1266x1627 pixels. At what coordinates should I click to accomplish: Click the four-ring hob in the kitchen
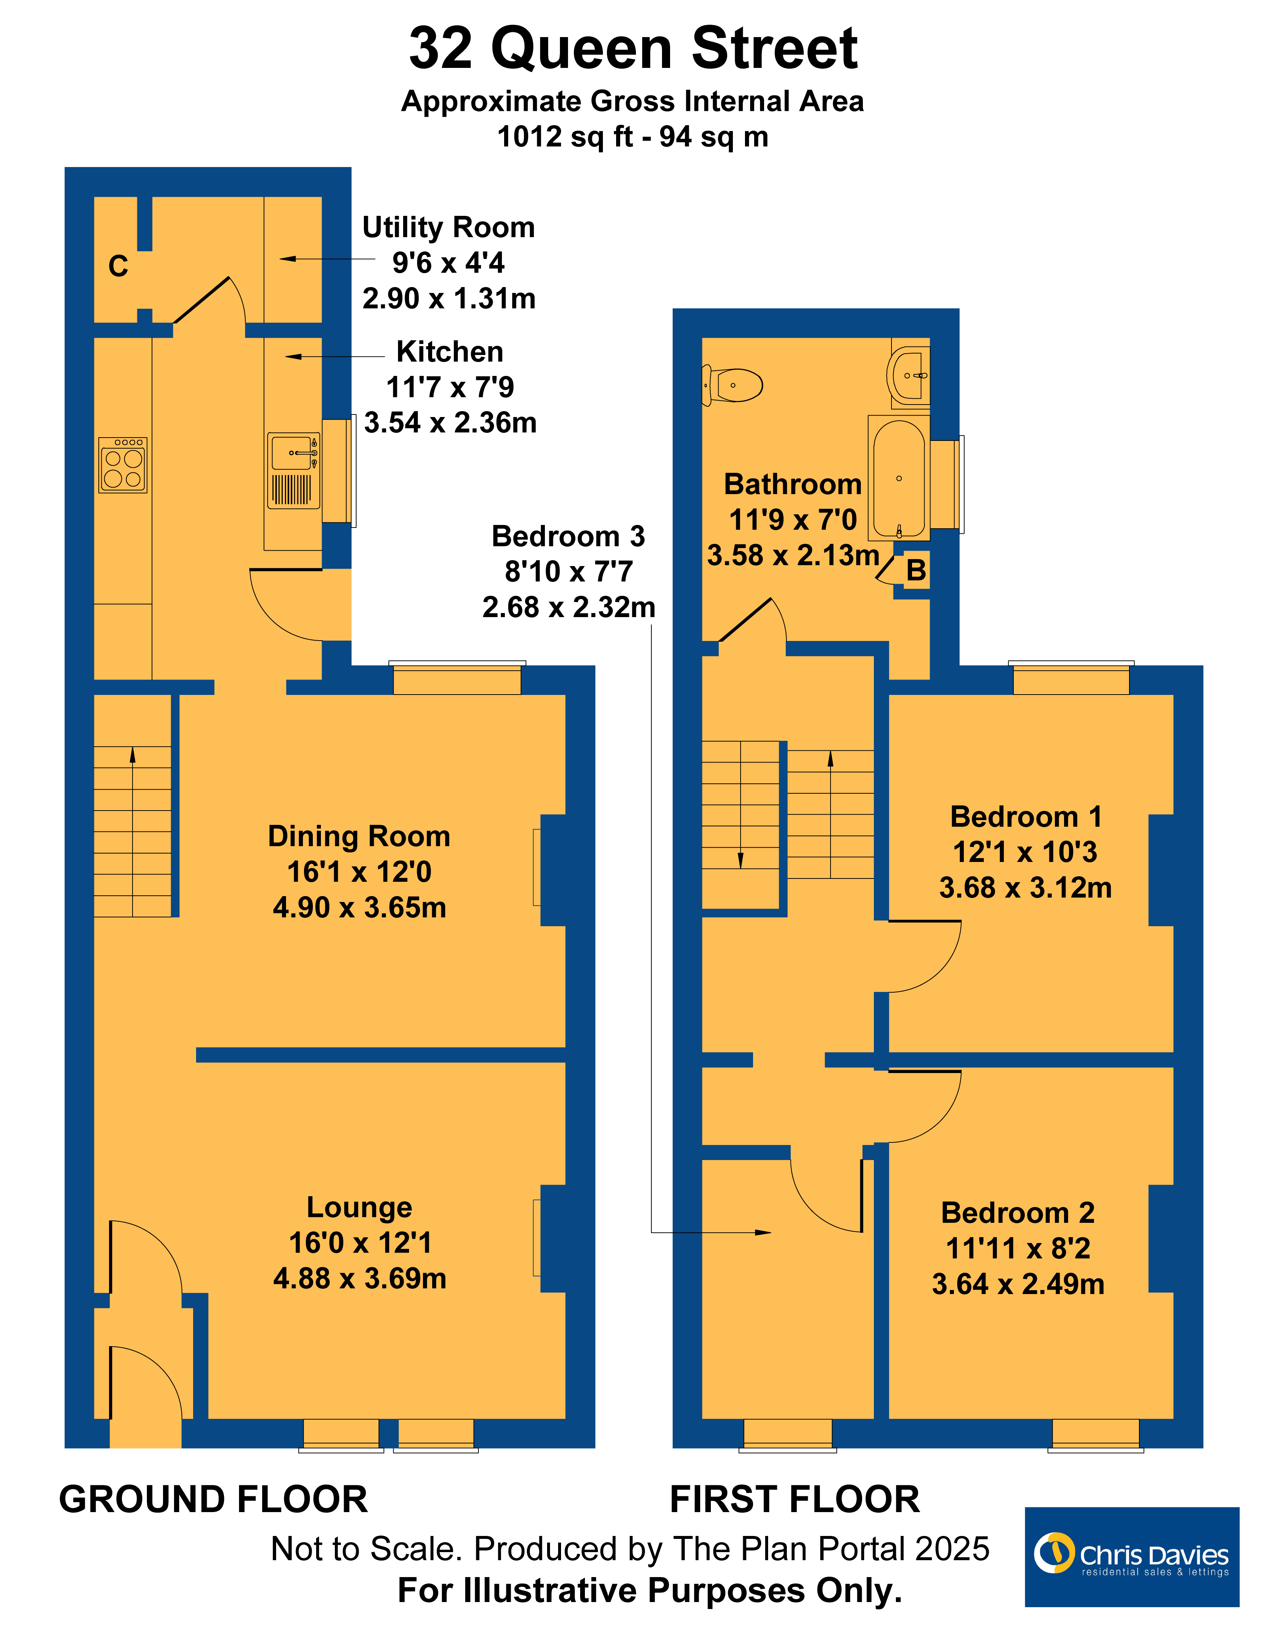(123, 465)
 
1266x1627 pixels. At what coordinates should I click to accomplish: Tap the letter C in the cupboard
(118, 266)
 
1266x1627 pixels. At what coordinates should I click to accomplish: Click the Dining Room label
(359, 837)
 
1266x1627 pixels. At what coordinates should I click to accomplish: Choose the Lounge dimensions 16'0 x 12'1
(360, 1243)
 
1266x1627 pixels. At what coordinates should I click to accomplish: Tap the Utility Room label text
(449, 227)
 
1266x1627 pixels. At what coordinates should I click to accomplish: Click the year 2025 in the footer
(952, 1549)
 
